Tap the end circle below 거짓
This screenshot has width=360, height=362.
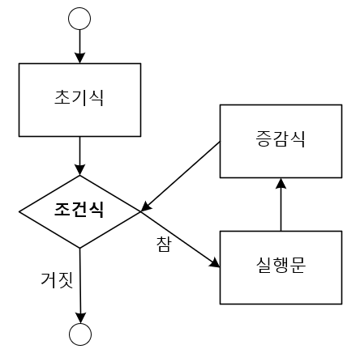pos(80,332)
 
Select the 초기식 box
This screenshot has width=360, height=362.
pos(79,99)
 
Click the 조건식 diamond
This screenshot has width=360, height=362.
pos(79,211)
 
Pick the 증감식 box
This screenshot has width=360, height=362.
pos(280,142)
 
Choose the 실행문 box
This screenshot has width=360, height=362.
pos(280,267)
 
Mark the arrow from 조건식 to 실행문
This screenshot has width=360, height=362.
pos(180,238)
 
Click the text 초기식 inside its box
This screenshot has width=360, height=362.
pos(79,99)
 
